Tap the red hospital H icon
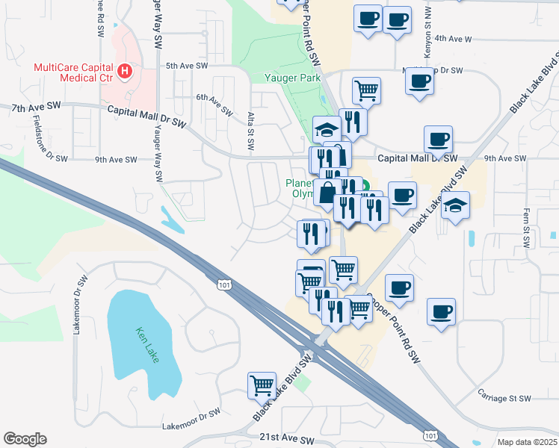point(126,72)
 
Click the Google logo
point(25,438)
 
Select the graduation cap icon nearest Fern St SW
point(455,203)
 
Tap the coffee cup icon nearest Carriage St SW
point(442,310)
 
